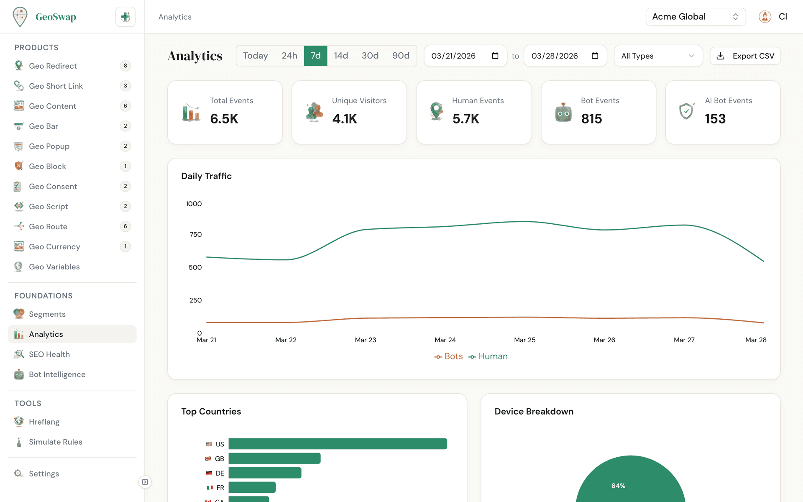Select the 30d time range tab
(370, 56)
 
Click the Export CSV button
(745, 56)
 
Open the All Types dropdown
(658, 56)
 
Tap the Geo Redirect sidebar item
(53, 66)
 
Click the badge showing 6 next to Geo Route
(125, 226)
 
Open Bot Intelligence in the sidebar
(57, 374)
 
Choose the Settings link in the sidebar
(43, 474)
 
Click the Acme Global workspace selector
(695, 17)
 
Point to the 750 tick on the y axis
(195, 235)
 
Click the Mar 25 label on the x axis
(524, 340)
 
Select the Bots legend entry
(449, 356)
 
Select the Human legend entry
(488, 356)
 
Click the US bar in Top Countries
(338, 444)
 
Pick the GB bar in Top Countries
(274, 458)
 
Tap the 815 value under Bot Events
(591, 119)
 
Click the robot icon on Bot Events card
(563, 113)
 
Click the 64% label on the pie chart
(618, 486)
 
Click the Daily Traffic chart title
(206, 176)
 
